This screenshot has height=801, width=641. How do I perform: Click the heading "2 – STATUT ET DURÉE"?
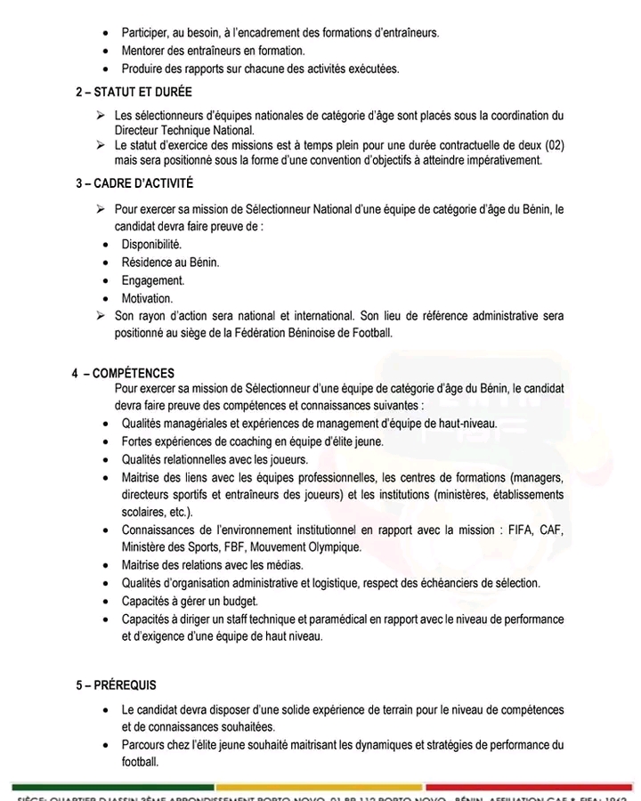(134, 92)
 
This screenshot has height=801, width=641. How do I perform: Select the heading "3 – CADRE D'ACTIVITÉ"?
(134, 184)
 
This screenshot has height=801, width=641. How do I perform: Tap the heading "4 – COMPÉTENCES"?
(124, 374)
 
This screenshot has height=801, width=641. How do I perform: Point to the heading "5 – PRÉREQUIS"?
(116, 685)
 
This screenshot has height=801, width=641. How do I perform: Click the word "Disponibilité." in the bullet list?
(151, 244)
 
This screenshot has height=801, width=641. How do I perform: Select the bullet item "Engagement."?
(153, 280)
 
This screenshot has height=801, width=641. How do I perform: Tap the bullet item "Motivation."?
(147, 298)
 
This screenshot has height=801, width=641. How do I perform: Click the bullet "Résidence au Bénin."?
(170, 263)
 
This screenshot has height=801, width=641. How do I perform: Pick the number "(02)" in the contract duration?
(552, 145)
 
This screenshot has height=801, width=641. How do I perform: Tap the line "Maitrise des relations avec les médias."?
(212, 565)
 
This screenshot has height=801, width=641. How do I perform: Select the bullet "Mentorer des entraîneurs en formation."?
(213, 51)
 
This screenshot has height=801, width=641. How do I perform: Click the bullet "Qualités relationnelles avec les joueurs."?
(215, 459)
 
